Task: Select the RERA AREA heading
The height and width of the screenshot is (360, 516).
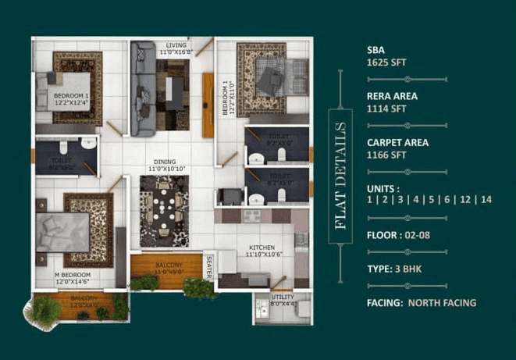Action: [392, 96]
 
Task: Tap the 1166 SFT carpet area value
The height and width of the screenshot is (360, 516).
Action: [387, 155]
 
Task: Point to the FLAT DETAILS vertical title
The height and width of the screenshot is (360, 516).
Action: [340, 175]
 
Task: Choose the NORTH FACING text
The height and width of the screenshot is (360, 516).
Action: [443, 302]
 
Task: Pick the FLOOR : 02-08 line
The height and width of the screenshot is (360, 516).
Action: [397, 233]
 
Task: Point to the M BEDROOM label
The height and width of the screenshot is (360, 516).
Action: [73, 276]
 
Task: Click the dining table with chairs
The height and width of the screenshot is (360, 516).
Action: [163, 211]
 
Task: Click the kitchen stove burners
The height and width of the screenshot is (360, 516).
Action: [252, 216]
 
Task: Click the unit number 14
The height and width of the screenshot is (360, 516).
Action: [486, 200]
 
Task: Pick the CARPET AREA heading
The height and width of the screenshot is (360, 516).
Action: [397, 143]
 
